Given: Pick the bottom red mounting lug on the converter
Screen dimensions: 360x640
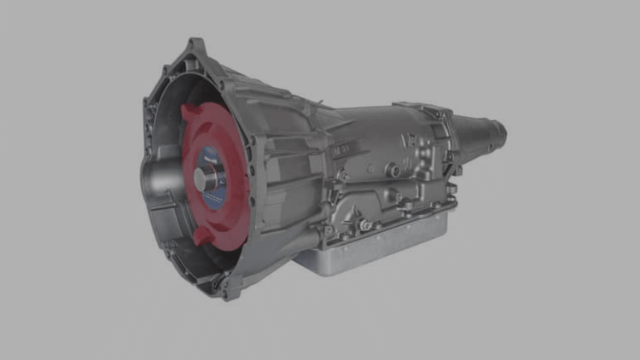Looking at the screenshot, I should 202,235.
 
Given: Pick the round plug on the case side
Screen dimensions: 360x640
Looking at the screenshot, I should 393,171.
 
